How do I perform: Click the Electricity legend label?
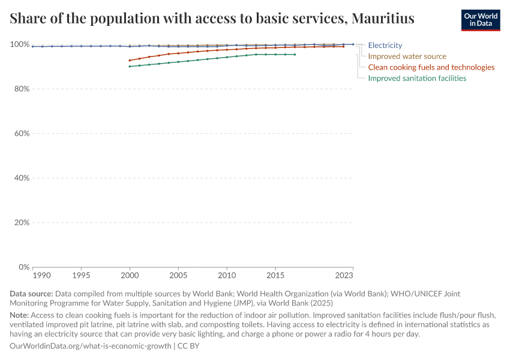(x=385, y=46)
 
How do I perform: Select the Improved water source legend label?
(x=407, y=56)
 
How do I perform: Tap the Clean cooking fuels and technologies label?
(x=431, y=67)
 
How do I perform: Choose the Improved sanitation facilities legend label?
(x=417, y=78)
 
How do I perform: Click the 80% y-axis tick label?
(x=22, y=89)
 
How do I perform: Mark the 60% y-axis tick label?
(x=22, y=133)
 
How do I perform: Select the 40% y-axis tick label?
(x=22, y=178)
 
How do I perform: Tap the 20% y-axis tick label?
(x=22, y=222)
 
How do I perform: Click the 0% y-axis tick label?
(x=24, y=266)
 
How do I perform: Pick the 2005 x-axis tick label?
(x=178, y=275)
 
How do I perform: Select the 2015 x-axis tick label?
(x=275, y=275)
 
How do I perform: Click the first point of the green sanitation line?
(x=130, y=67)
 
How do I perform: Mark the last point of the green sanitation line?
(x=295, y=55)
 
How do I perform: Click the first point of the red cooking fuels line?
(x=130, y=60)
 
